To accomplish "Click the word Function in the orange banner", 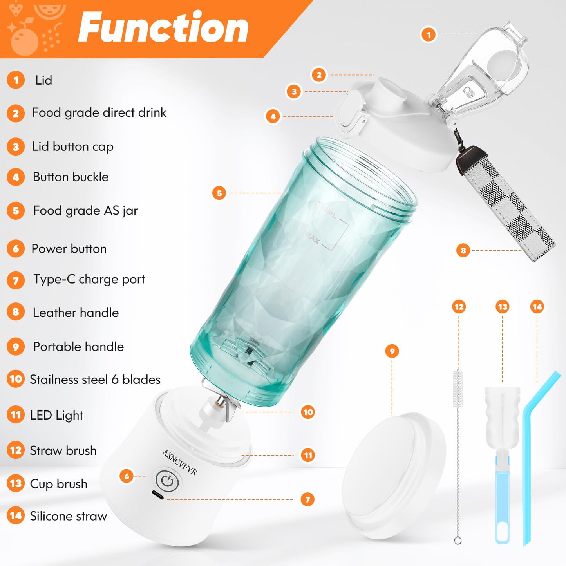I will coord(163,27).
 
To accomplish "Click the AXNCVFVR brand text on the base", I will coord(180,462).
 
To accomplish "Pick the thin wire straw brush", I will coord(458,450).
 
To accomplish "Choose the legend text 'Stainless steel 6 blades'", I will coord(95,380).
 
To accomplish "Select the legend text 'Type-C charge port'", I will coord(89,279).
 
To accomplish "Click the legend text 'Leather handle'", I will coord(76,313).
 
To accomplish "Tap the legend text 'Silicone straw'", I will coord(68,516).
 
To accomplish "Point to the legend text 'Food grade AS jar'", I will coord(85,211).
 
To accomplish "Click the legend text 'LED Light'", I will coord(56,415).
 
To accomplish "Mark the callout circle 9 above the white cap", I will coord(392,351).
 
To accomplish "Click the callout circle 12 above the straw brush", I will coord(459,307).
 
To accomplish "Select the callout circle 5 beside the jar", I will coord(219,193).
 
